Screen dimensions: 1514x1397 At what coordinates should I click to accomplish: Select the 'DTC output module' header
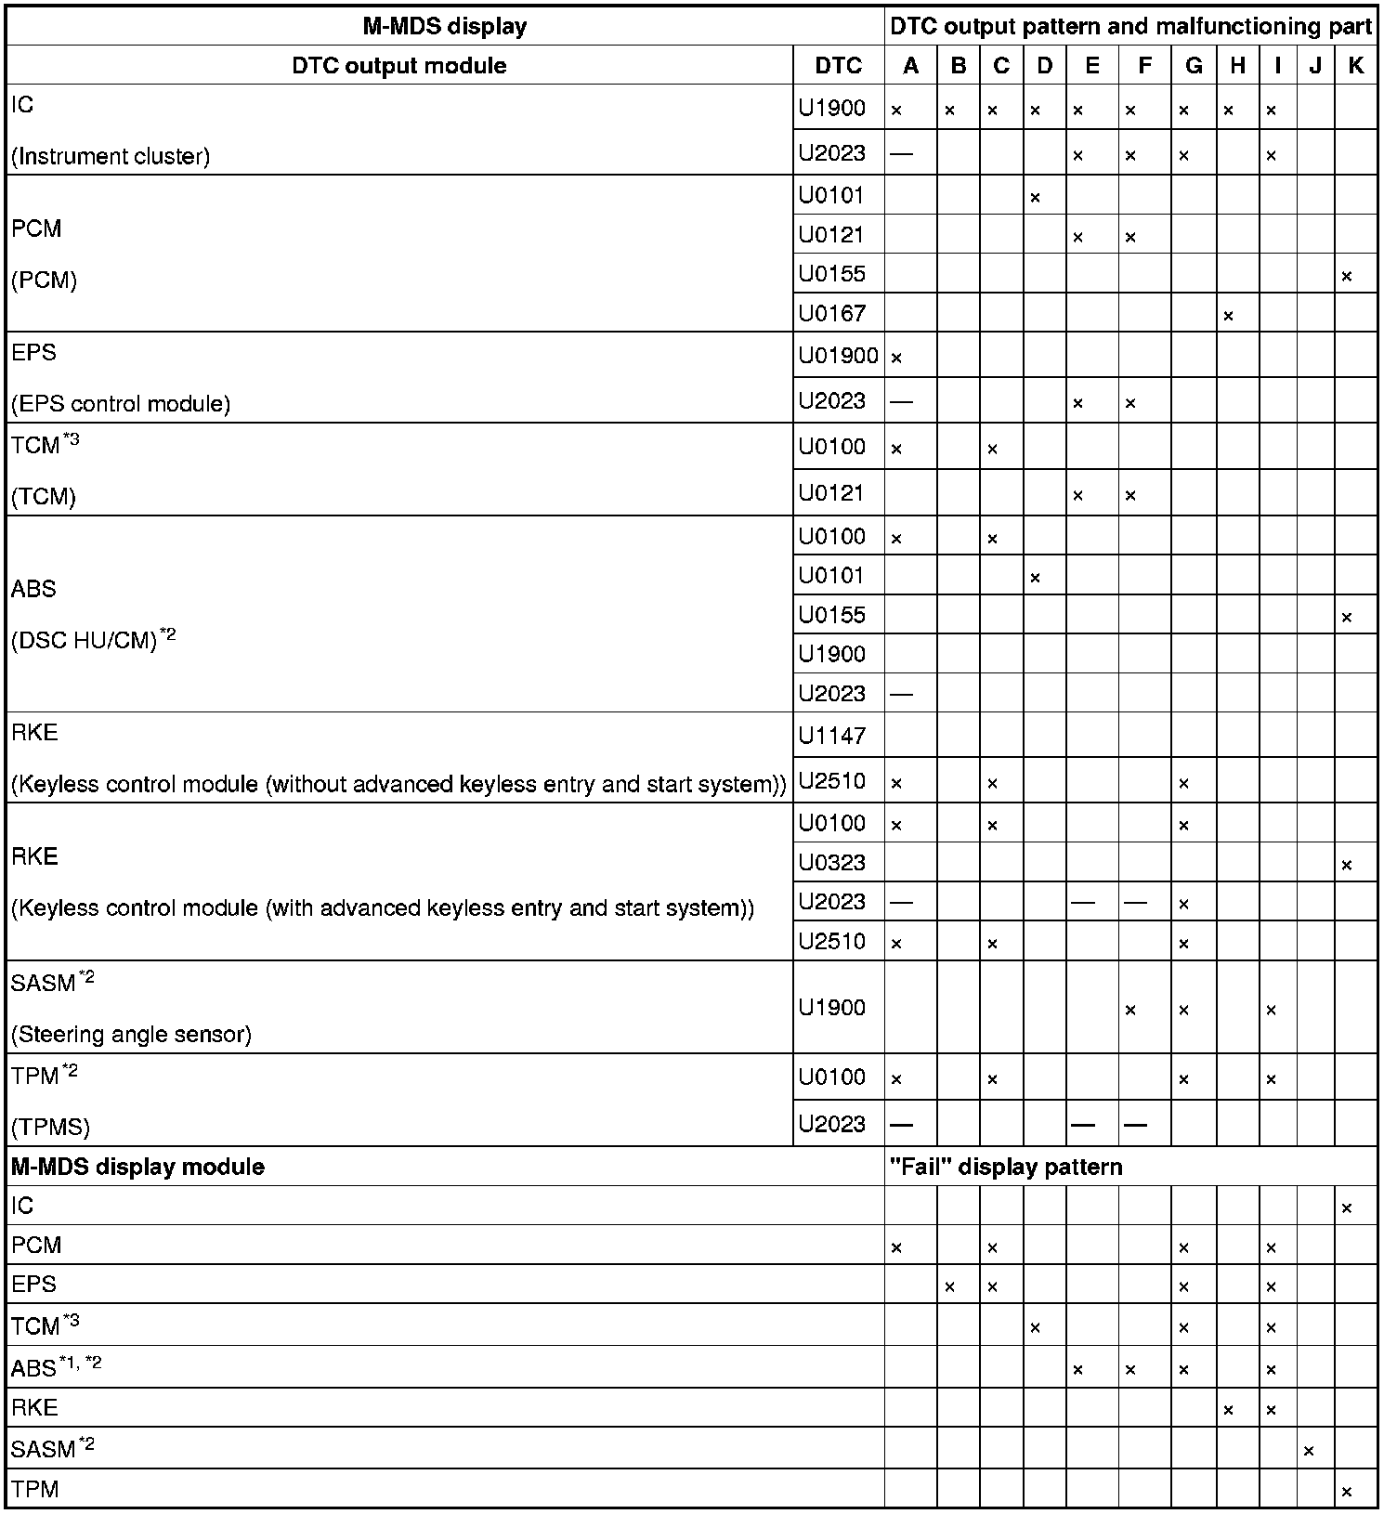(399, 66)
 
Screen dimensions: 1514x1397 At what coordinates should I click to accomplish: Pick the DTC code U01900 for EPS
(838, 355)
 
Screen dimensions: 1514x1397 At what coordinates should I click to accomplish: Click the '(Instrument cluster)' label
(111, 156)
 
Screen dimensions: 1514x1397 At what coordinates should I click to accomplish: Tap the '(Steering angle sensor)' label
(131, 1034)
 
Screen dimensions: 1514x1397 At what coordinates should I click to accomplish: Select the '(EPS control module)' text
(121, 404)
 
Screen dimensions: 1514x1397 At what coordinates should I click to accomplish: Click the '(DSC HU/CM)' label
(85, 641)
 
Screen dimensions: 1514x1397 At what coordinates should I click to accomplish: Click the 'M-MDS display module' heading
(137, 1167)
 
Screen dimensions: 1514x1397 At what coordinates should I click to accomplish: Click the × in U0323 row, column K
(1347, 866)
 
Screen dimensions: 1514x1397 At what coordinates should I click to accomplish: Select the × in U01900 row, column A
(896, 358)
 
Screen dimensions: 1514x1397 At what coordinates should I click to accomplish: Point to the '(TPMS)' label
(50, 1128)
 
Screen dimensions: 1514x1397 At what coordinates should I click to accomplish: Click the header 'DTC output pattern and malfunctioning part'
(1130, 26)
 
